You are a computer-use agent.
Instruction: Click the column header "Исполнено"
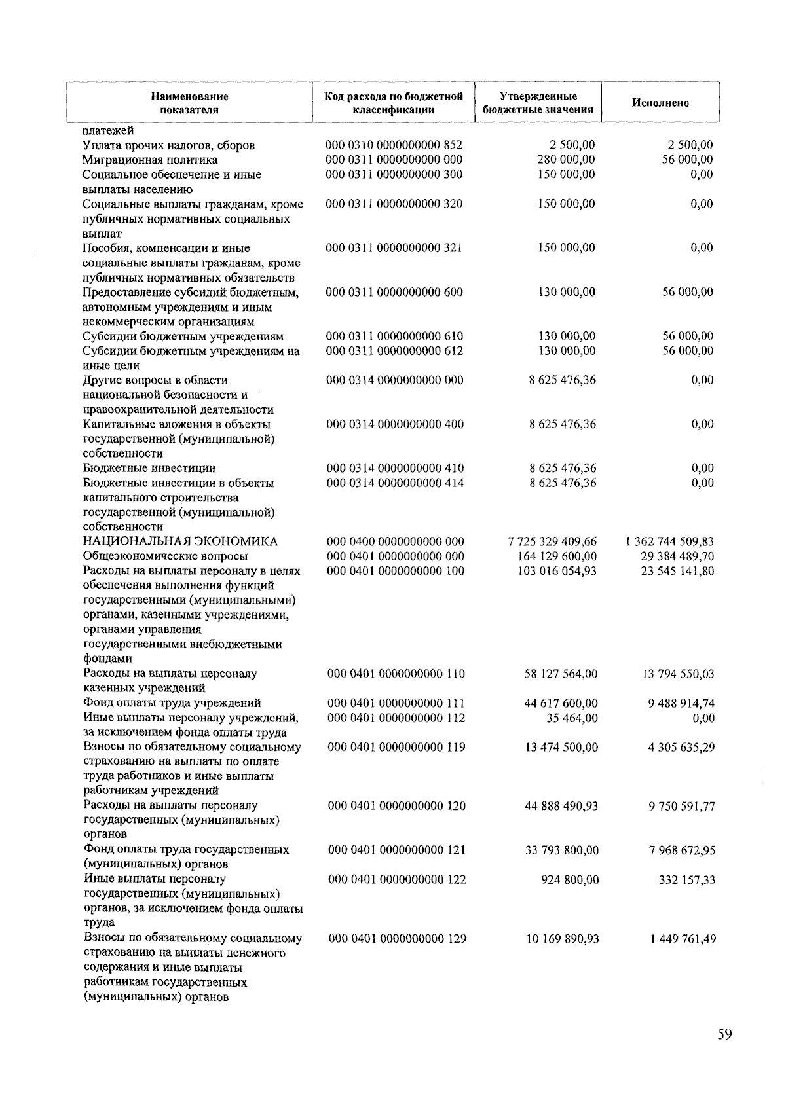click(x=660, y=103)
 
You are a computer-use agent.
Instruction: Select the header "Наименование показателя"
click(x=189, y=103)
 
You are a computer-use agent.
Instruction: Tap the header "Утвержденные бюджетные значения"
click(x=538, y=103)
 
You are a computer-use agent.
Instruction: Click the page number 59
click(x=724, y=1034)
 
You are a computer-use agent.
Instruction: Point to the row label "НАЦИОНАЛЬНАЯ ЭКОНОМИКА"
click(x=180, y=541)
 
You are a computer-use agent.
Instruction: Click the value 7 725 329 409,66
click(x=552, y=541)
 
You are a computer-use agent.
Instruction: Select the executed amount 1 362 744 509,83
click(x=669, y=541)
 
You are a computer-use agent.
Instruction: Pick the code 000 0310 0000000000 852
click(x=394, y=145)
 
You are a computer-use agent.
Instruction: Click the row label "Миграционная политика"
click(x=150, y=160)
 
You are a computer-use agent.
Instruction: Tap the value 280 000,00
click(x=567, y=160)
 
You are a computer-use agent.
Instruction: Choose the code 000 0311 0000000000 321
click(x=394, y=247)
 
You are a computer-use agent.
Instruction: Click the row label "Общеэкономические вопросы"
click(x=164, y=556)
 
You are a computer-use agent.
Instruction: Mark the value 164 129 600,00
click(x=557, y=556)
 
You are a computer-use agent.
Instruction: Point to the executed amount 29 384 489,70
click(x=677, y=556)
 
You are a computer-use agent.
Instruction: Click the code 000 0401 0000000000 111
click(x=396, y=703)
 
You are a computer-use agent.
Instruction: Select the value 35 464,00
click(x=572, y=718)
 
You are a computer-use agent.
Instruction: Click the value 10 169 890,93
click(x=562, y=939)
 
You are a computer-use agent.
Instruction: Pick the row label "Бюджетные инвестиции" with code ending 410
click(x=149, y=468)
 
